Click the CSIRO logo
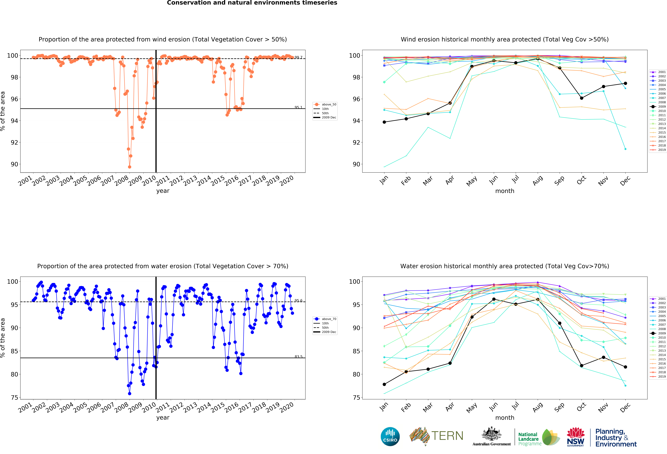click(390, 437)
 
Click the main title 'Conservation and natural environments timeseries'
click(252, 3)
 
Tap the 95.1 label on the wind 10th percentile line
click(298, 107)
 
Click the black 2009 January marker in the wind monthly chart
click(384, 122)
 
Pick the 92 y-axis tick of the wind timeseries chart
click(14, 142)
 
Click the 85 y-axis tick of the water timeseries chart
click(14, 351)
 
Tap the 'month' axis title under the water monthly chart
click(505, 418)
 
